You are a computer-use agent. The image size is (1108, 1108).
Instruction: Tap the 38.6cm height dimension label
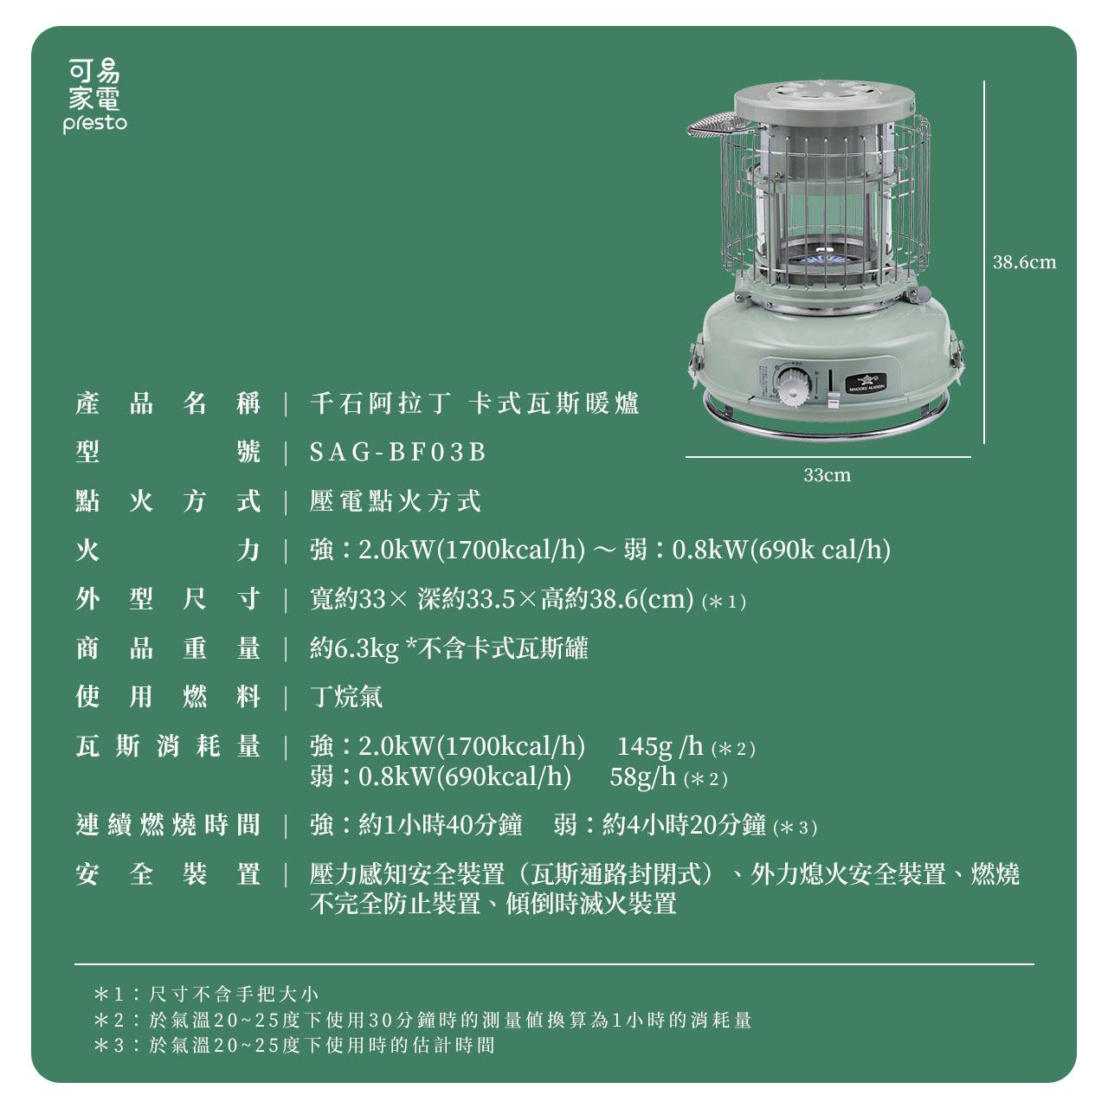[x=1024, y=262]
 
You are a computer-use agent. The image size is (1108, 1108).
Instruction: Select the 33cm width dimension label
[x=827, y=475]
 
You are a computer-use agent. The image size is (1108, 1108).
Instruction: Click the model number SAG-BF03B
[x=398, y=452]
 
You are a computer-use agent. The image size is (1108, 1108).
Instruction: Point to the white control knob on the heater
[x=791, y=387]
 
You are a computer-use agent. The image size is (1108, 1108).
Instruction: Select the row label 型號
[x=168, y=452]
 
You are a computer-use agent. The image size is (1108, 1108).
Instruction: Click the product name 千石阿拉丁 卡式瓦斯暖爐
[x=474, y=403]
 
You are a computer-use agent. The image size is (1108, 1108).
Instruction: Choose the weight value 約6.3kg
[x=354, y=648]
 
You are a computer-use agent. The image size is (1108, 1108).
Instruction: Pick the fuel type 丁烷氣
[x=346, y=697]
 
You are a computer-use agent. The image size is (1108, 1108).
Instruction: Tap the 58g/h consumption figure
[x=642, y=776]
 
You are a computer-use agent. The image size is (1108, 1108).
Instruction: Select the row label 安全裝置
[x=168, y=874]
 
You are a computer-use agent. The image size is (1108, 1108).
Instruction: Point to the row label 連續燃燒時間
[x=168, y=825]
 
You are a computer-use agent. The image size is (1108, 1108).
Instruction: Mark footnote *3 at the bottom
[x=294, y=1045]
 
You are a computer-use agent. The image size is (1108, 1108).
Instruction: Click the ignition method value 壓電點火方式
[x=395, y=501]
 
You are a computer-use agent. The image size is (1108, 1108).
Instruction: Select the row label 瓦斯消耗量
[x=168, y=745]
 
